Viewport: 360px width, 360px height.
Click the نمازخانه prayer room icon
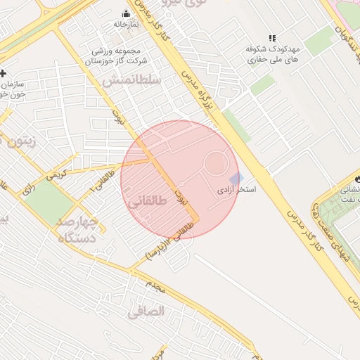pyautogui.click(x=127, y=13)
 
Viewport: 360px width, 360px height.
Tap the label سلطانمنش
pyautogui.click(x=131, y=81)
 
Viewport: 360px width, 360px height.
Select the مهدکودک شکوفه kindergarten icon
pyautogui.click(x=272, y=38)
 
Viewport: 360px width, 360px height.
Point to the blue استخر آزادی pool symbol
pyautogui.click(x=236, y=178)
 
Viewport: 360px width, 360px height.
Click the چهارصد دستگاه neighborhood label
pyautogui.click(x=82, y=231)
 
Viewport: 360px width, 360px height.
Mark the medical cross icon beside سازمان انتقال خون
pyautogui.click(x=4, y=72)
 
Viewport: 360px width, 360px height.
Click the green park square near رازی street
pyautogui.click(x=49, y=200)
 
